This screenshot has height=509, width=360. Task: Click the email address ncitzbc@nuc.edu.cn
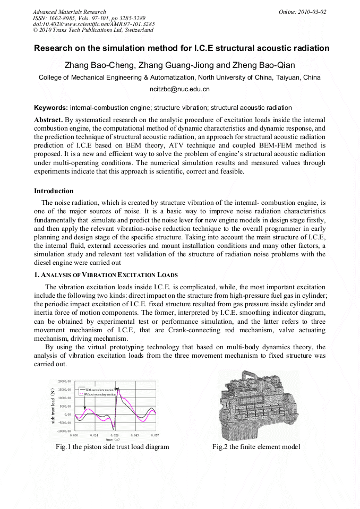pos(179,90)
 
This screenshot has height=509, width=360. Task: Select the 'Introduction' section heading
pos(54,191)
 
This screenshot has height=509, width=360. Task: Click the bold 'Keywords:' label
pos(51,108)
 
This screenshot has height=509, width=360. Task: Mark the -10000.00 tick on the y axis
pos(64,431)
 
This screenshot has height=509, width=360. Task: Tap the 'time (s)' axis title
pos(112,439)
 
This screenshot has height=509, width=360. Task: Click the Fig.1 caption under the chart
pos(112,447)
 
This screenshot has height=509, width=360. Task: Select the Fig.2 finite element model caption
pos(256,447)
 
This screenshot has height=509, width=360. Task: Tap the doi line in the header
pos(94,24)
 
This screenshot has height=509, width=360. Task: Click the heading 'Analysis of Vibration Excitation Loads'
pos(109,275)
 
